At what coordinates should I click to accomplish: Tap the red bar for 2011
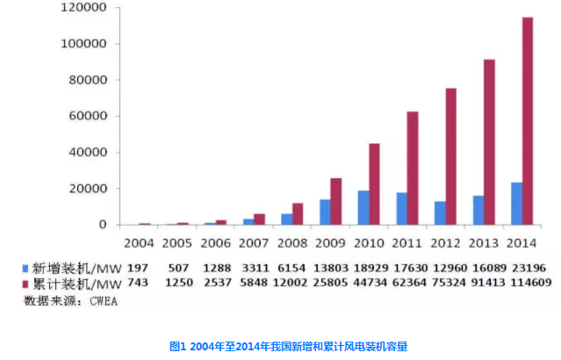click(412, 168)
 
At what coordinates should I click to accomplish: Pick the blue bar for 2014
click(516, 204)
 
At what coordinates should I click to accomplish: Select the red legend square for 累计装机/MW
click(26, 284)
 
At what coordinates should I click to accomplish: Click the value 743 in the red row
click(139, 284)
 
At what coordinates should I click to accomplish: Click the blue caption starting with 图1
click(280, 347)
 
